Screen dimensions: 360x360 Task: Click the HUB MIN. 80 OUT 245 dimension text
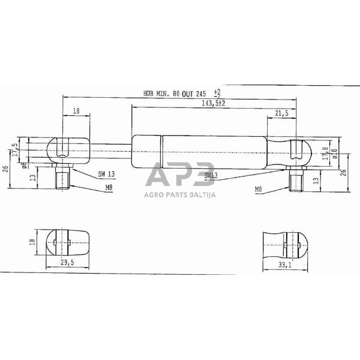(175, 94)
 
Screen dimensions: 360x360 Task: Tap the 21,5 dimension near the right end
(281, 112)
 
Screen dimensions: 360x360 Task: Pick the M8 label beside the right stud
(259, 189)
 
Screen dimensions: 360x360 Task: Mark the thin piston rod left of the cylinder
(108, 145)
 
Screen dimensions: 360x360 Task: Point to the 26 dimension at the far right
(344, 172)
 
